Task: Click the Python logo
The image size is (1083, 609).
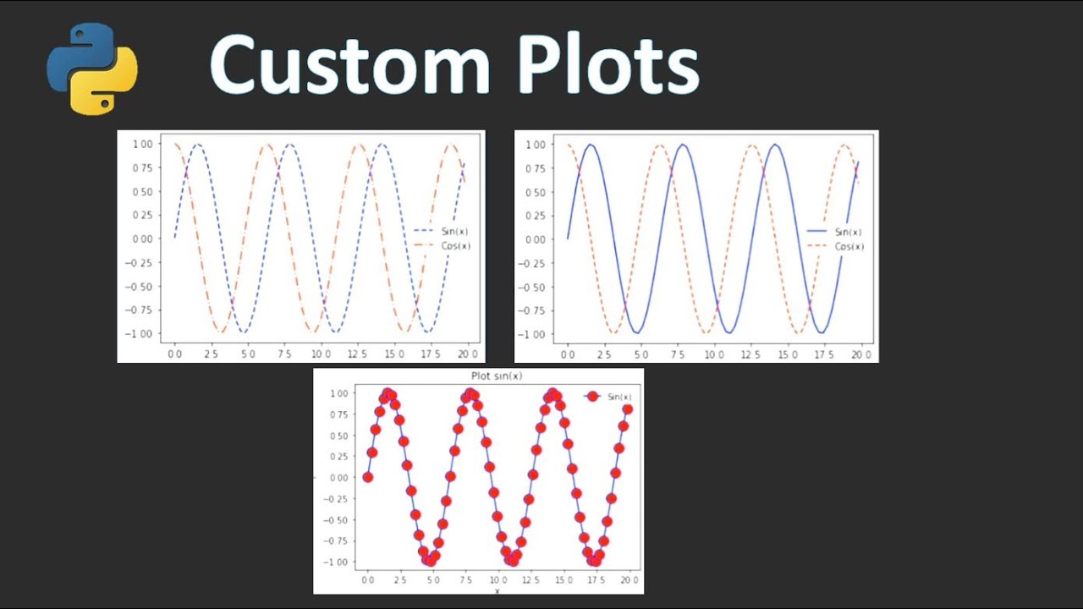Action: coord(91,69)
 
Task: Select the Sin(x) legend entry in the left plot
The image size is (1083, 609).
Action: coord(448,231)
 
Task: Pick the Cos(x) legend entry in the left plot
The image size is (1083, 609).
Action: coord(454,246)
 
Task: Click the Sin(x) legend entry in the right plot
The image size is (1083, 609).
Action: coord(848,232)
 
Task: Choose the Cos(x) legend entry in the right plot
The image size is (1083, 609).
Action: coord(849,247)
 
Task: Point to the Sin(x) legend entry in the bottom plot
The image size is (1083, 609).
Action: coord(619,397)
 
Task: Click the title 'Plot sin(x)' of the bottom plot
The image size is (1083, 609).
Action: coord(496,376)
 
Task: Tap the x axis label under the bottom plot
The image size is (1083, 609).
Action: coord(497,590)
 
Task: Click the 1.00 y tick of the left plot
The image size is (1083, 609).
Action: coord(141,145)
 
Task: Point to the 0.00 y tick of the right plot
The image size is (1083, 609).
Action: coord(536,239)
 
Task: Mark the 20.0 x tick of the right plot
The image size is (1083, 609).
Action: coord(862,353)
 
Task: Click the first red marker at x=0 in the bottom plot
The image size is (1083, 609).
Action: coord(368,477)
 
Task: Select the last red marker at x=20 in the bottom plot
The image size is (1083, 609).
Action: coord(628,409)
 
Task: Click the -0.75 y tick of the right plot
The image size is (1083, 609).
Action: coord(534,310)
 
